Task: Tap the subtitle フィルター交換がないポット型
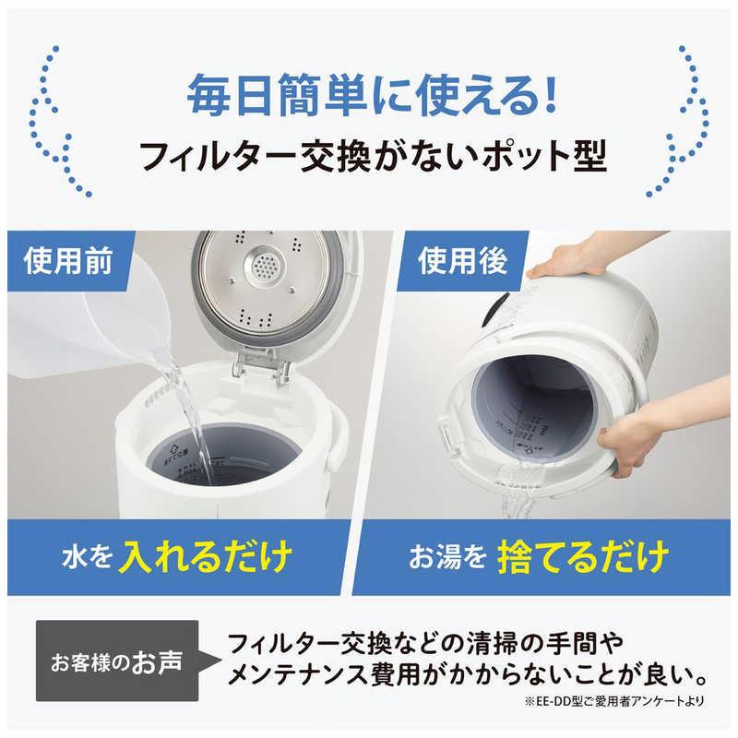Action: click(x=369, y=157)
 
